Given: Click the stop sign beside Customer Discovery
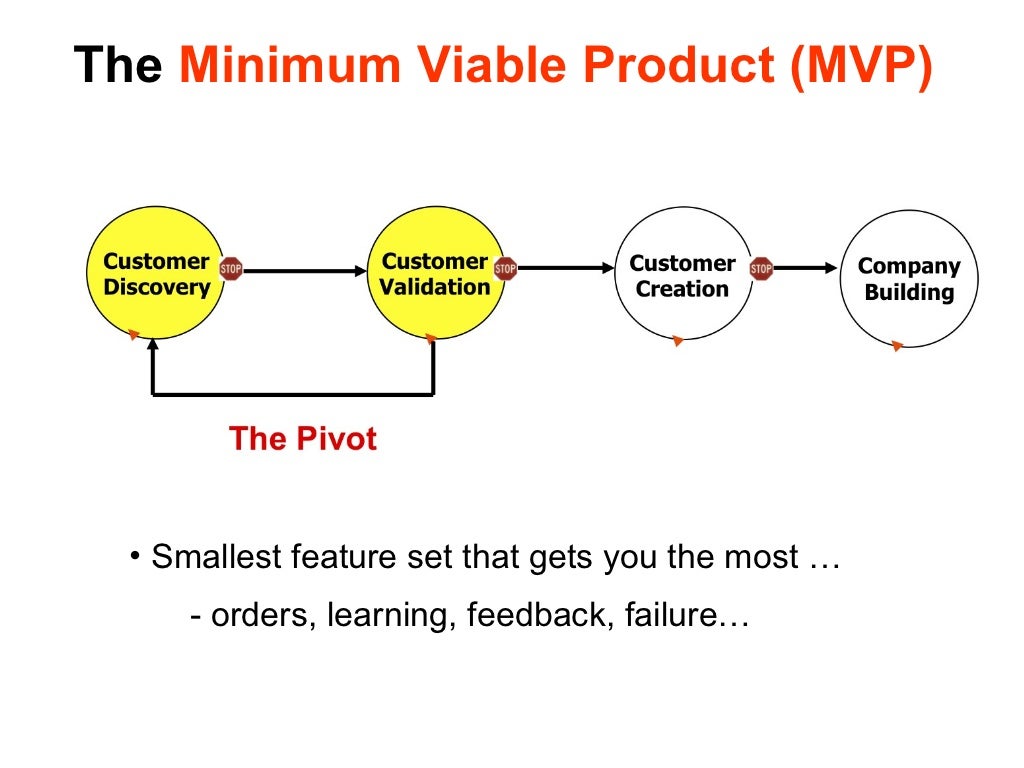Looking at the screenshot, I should click(x=231, y=268).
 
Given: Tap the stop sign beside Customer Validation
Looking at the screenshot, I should click(x=505, y=268).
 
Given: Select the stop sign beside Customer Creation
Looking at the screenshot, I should click(x=761, y=268).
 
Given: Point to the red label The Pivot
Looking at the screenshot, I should click(x=302, y=439).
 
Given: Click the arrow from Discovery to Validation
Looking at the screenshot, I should click(x=300, y=270).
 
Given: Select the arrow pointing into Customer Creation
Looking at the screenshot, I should click(x=565, y=268).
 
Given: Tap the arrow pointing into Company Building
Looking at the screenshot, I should click(x=805, y=268).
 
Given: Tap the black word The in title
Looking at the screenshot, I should click(x=118, y=66).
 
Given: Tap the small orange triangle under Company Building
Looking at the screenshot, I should click(x=897, y=346).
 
